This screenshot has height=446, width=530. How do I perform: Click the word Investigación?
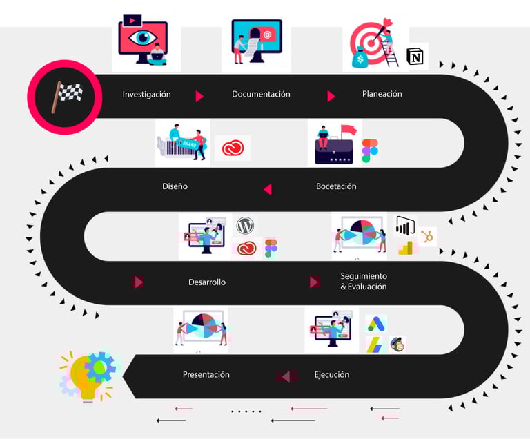(146, 94)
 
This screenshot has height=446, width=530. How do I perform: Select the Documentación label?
(261, 94)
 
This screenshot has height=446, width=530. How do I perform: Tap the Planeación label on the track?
(382, 94)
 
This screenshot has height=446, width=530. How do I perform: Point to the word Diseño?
(175, 186)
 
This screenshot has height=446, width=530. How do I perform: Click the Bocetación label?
(336, 186)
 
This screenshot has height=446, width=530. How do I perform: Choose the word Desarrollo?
(207, 282)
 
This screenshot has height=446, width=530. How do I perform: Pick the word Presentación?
(206, 374)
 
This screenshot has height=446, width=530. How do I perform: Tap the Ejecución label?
(331, 374)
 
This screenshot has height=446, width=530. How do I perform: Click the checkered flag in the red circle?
(66, 96)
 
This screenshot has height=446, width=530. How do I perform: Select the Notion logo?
(415, 57)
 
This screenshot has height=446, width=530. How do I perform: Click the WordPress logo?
(245, 226)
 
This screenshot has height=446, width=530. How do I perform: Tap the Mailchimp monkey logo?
(397, 345)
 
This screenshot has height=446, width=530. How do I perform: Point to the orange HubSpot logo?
(427, 237)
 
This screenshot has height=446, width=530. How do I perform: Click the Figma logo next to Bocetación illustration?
(371, 151)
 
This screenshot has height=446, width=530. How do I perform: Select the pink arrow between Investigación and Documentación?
(199, 96)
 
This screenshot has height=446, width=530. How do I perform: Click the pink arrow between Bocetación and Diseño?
(267, 188)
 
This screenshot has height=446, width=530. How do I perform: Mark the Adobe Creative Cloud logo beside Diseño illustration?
(231, 148)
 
